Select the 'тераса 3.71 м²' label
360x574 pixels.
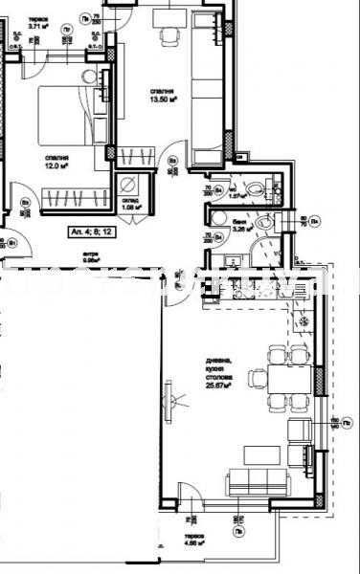pos(39,23)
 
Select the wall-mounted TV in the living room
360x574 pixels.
pos(169,394)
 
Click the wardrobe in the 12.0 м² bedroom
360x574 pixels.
pos(72,198)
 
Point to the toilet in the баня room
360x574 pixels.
pos(269,223)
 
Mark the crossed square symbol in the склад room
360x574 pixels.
pos(127,185)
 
